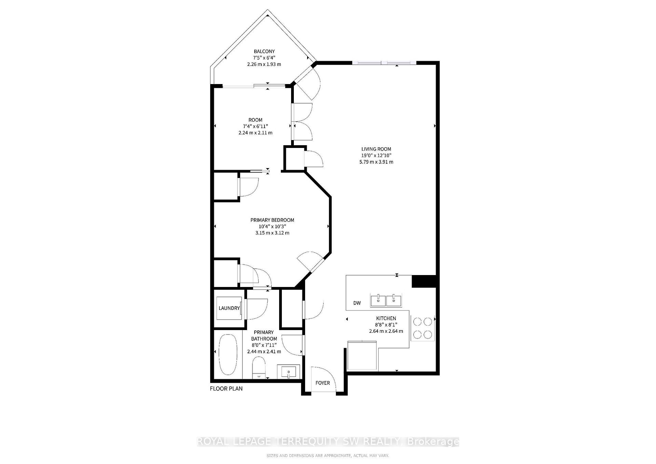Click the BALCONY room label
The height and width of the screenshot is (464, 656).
click(264, 52)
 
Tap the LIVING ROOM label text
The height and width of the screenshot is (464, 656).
click(376, 149)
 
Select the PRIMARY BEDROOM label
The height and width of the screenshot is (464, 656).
click(272, 220)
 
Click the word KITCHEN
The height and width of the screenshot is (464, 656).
click(386, 318)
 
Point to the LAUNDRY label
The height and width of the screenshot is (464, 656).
click(229, 308)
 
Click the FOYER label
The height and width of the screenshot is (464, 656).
click(323, 383)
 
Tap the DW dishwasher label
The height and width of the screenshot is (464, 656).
click(357, 303)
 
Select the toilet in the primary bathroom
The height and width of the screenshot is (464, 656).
click(259, 368)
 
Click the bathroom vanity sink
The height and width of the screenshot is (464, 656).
click(288, 372)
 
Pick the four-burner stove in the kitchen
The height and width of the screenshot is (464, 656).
click(423, 328)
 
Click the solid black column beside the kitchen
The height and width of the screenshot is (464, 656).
click(424, 281)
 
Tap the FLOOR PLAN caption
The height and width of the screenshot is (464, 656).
click(226, 388)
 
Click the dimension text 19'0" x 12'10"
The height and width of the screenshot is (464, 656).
click(376, 155)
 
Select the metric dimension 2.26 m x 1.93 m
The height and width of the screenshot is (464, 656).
click(264, 64)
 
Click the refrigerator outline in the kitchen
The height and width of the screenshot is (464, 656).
click(362, 356)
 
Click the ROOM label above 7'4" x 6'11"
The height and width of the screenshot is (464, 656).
click(256, 120)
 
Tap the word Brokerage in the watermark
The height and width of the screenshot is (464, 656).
click(434, 442)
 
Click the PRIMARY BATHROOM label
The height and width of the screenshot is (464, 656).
click(264, 336)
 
